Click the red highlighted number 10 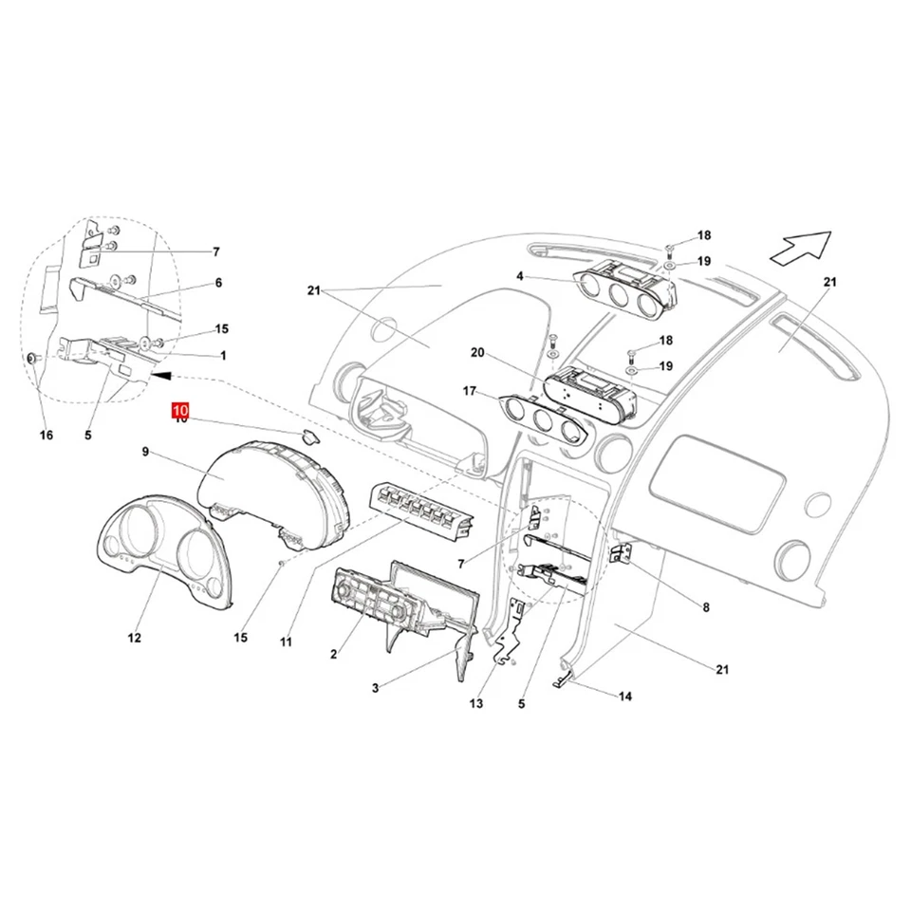click(x=180, y=410)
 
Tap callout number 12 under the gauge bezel click(x=134, y=638)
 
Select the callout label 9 click(x=146, y=453)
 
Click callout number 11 click(x=286, y=642)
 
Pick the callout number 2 click(x=334, y=655)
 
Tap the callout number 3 click(x=375, y=687)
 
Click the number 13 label click(x=475, y=703)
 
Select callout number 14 click(x=624, y=697)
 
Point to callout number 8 click(x=705, y=606)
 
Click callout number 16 click(x=46, y=435)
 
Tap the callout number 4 click(x=520, y=277)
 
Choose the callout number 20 click(x=477, y=353)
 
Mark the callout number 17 click(x=470, y=390)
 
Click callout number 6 click(x=218, y=283)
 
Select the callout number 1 click(x=223, y=355)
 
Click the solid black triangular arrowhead click(x=161, y=376)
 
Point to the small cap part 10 click(x=309, y=436)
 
